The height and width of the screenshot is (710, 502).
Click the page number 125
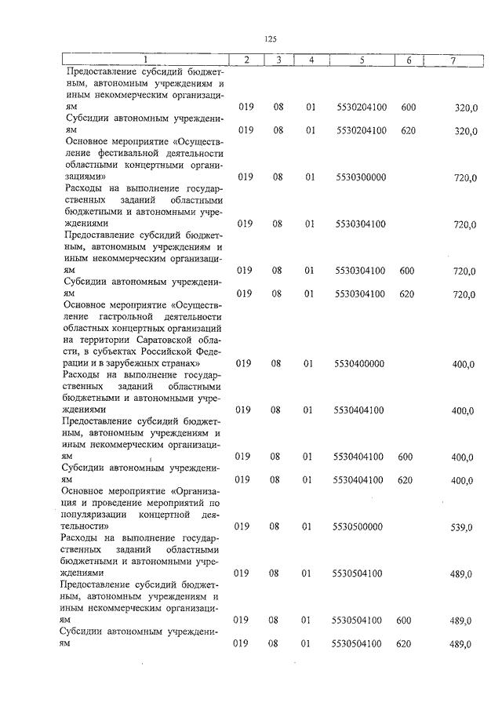(271, 38)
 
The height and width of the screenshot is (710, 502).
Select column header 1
(144, 60)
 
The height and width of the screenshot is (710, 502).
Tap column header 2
(246, 60)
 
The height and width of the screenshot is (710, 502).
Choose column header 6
(408, 60)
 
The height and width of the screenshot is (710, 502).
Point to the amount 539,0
(461, 527)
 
